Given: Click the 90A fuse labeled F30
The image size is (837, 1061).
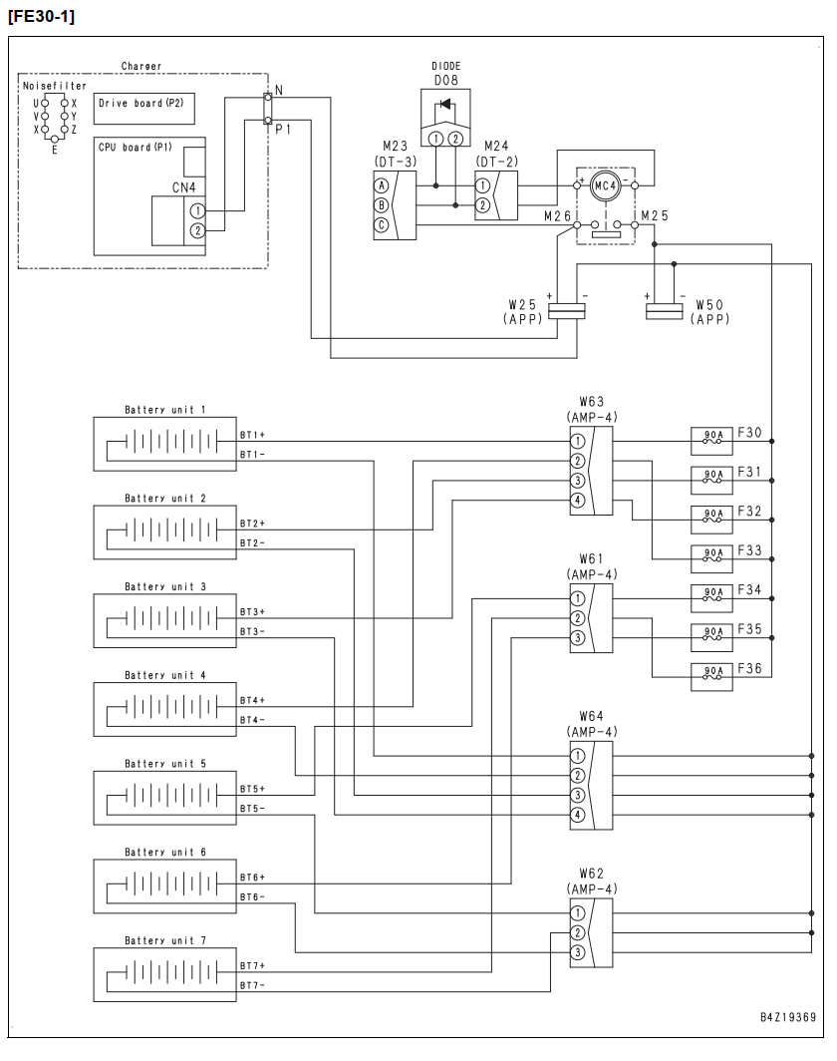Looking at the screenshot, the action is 711,441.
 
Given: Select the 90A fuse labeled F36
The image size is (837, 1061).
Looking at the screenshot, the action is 711,677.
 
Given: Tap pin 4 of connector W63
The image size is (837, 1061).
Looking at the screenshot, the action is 577,501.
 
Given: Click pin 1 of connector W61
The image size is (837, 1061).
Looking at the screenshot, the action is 577,599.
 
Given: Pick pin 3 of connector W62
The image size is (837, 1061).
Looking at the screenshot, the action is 577,952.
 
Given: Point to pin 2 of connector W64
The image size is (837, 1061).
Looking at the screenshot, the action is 577,776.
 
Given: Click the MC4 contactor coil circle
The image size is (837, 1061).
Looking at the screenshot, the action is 605,185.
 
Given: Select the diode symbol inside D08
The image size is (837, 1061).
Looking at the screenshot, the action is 445,104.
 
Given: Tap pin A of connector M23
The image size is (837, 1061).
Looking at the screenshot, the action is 382,185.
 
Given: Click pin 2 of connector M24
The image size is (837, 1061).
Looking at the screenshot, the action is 482,205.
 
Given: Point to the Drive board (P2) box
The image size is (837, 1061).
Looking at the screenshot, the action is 144,109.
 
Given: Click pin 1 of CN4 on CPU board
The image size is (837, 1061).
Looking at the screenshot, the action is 197,211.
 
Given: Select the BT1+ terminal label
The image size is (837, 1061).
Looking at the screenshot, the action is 252,435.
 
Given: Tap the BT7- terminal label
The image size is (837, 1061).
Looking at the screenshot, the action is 252,985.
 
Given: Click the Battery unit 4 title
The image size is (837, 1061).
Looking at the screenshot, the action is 165,675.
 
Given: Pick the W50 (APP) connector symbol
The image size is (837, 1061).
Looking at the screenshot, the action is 664,311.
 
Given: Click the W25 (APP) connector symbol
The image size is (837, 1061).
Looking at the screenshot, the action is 567,311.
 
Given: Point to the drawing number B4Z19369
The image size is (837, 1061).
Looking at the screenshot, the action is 787,1017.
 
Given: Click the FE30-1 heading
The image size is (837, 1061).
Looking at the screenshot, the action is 41,16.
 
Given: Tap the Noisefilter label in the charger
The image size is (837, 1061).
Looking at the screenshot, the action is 55,86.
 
